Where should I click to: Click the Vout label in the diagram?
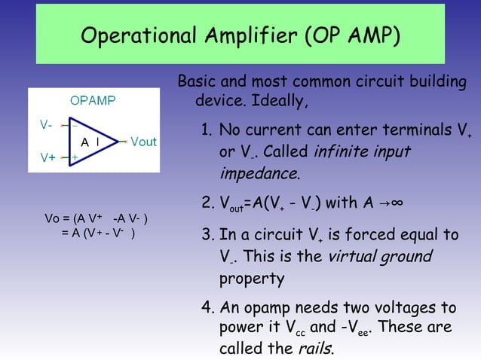143,142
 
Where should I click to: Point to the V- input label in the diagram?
46,124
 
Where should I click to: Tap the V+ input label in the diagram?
47,157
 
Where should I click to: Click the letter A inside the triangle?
85,142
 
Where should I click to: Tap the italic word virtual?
354,257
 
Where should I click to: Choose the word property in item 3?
252,279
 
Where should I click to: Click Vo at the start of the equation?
53,219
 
